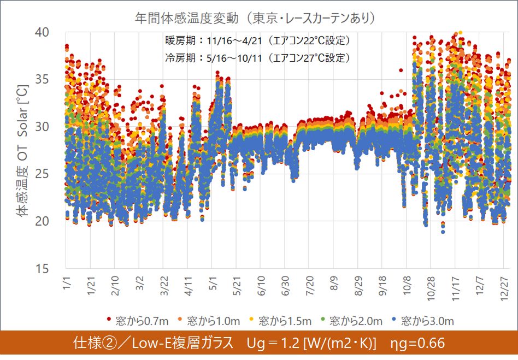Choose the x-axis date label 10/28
click(x=429, y=288)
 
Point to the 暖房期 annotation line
click(x=257, y=40)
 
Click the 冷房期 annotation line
click(x=257, y=57)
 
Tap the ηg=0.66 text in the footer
click(x=418, y=343)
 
